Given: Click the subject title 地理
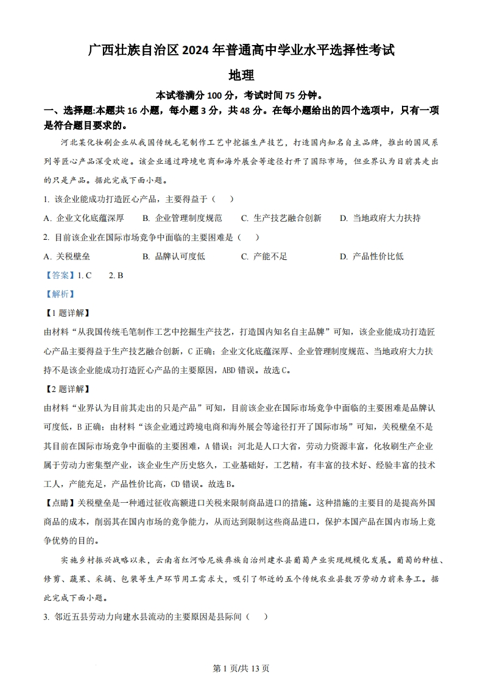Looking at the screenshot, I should pyautogui.click(x=241, y=75).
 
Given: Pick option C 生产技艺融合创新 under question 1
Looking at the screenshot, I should pyautogui.click(x=281, y=218).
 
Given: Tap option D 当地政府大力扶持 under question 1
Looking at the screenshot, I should pyautogui.click(x=379, y=218).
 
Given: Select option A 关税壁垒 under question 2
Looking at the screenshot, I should pyautogui.click(x=67, y=256).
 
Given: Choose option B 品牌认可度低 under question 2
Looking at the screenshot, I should pyautogui.click(x=174, y=256).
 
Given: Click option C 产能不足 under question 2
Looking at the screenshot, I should pyautogui.click(x=264, y=256).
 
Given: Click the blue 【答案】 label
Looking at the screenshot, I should pyautogui.click(x=60, y=275).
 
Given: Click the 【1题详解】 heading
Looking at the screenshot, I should pyautogui.click(x=67, y=313).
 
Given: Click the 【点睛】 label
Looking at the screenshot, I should pyautogui.click(x=60, y=503).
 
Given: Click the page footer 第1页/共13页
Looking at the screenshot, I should pyautogui.click(x=241, y=668).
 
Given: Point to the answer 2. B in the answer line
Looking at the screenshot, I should pyautogui.click(x=116, y=275).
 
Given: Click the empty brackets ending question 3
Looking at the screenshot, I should pyautogui.click(x=258, y=617).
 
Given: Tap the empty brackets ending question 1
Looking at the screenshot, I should pyautogui.click(x=222, y=199).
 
